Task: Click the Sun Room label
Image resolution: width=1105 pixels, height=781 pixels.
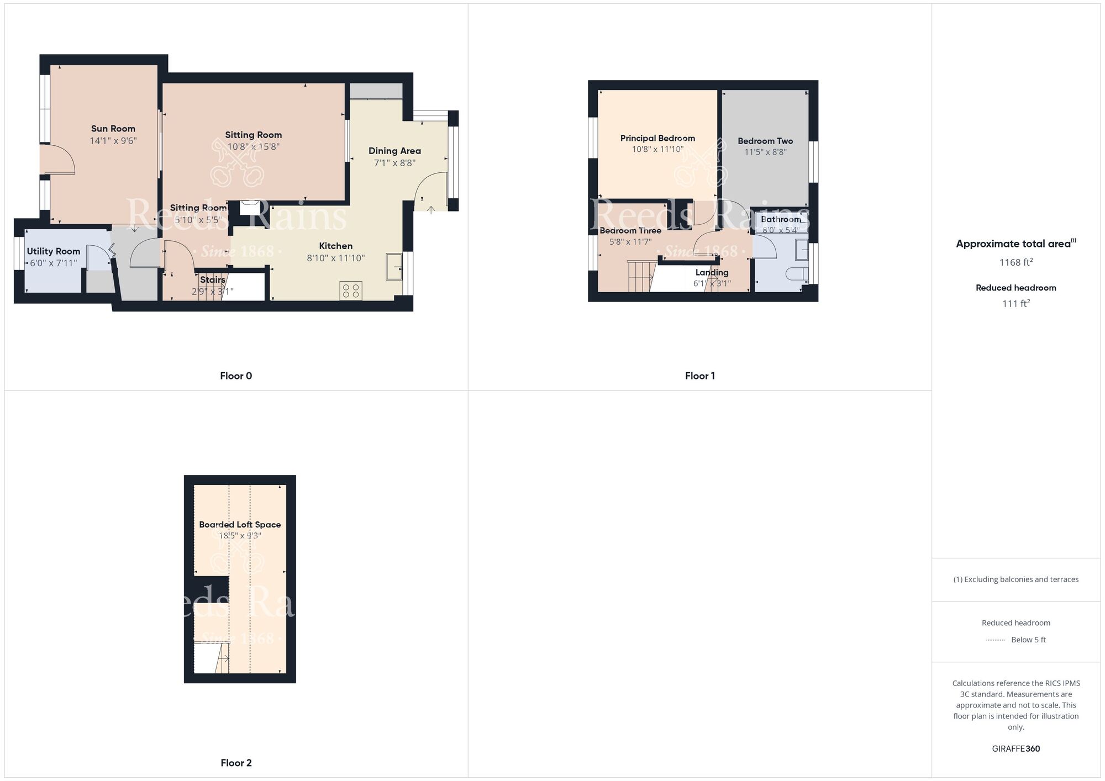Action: tap(113, 129)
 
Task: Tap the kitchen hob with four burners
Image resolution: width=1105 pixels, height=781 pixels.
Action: tap(351, 291)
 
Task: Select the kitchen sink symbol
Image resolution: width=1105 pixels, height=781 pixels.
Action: tap(394, 267)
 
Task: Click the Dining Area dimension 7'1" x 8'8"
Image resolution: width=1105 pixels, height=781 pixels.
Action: tap(394, 163)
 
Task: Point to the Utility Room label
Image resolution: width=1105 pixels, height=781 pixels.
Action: tap(54, 251)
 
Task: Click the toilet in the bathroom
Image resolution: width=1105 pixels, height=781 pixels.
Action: tap(797, 274)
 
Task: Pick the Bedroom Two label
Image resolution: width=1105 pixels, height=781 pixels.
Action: tap(765, 141)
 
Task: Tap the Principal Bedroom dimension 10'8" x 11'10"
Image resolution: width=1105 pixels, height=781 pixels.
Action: tap(657, 149)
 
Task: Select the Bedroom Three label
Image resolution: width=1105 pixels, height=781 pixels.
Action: tap(630, 230)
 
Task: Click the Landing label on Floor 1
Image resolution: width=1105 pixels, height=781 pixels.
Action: tap(712, 272)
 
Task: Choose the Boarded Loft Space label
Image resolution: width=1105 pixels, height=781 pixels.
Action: tap(240, 524)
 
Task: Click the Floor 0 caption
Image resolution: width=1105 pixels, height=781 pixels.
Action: tap(236, 376)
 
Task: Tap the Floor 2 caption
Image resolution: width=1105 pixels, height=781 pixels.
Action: tap(236, 763)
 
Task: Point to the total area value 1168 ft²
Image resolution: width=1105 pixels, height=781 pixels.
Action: tap(1016, 262)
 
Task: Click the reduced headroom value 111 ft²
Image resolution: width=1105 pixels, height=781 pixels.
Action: tap(1016, 303)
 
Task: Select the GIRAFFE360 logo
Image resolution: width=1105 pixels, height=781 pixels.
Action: tap(1016, 749)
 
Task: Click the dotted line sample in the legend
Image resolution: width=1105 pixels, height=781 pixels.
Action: tap(996, 640)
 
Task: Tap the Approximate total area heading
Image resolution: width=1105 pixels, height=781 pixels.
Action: tap(1016, 244)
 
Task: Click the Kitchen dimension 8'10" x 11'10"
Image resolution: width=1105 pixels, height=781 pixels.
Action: tap(336, 258)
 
